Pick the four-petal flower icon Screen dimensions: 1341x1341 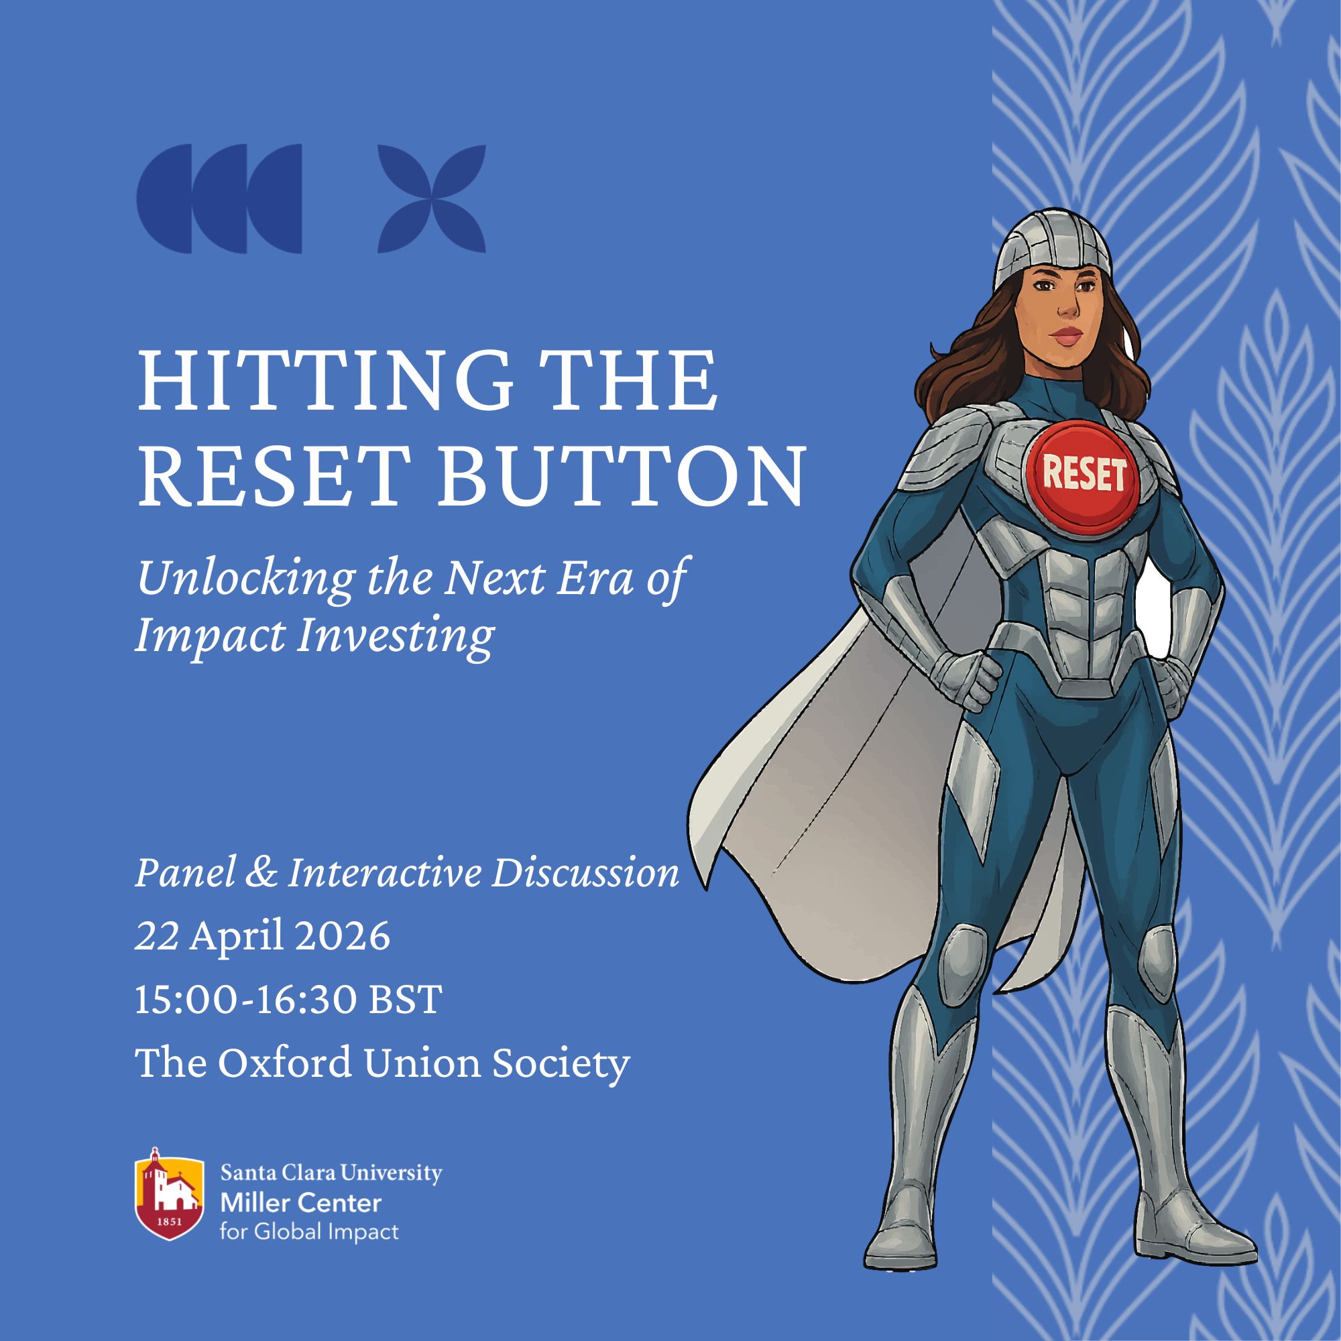[x=431, y=198]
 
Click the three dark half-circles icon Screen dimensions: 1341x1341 [x=219, y=198]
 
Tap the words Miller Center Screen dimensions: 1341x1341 [x=300, y=1203]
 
